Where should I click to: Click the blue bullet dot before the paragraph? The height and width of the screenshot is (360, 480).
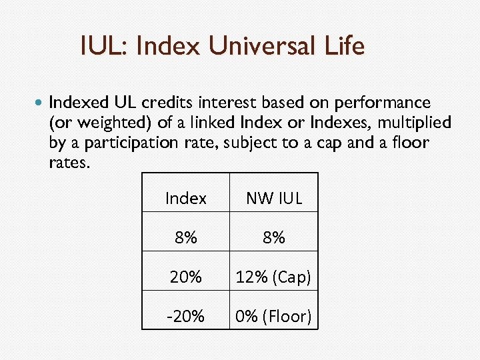[x=38, y=104]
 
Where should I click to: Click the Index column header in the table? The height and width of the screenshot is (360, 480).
[x=185, y=198]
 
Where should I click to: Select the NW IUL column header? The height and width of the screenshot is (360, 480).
[x=274, y=198]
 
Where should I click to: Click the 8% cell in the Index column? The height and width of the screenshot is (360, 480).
[x=185, y=237]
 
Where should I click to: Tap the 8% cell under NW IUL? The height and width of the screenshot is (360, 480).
[x=274, y=237]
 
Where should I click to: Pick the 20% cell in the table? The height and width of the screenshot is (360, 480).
[x=185, y=277]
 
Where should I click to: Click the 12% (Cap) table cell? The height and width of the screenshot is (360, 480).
[x=274, y=277]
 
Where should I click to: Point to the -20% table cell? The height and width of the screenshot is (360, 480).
[x=185, y=316]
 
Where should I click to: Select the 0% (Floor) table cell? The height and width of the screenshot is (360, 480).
[x=274, y=316]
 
